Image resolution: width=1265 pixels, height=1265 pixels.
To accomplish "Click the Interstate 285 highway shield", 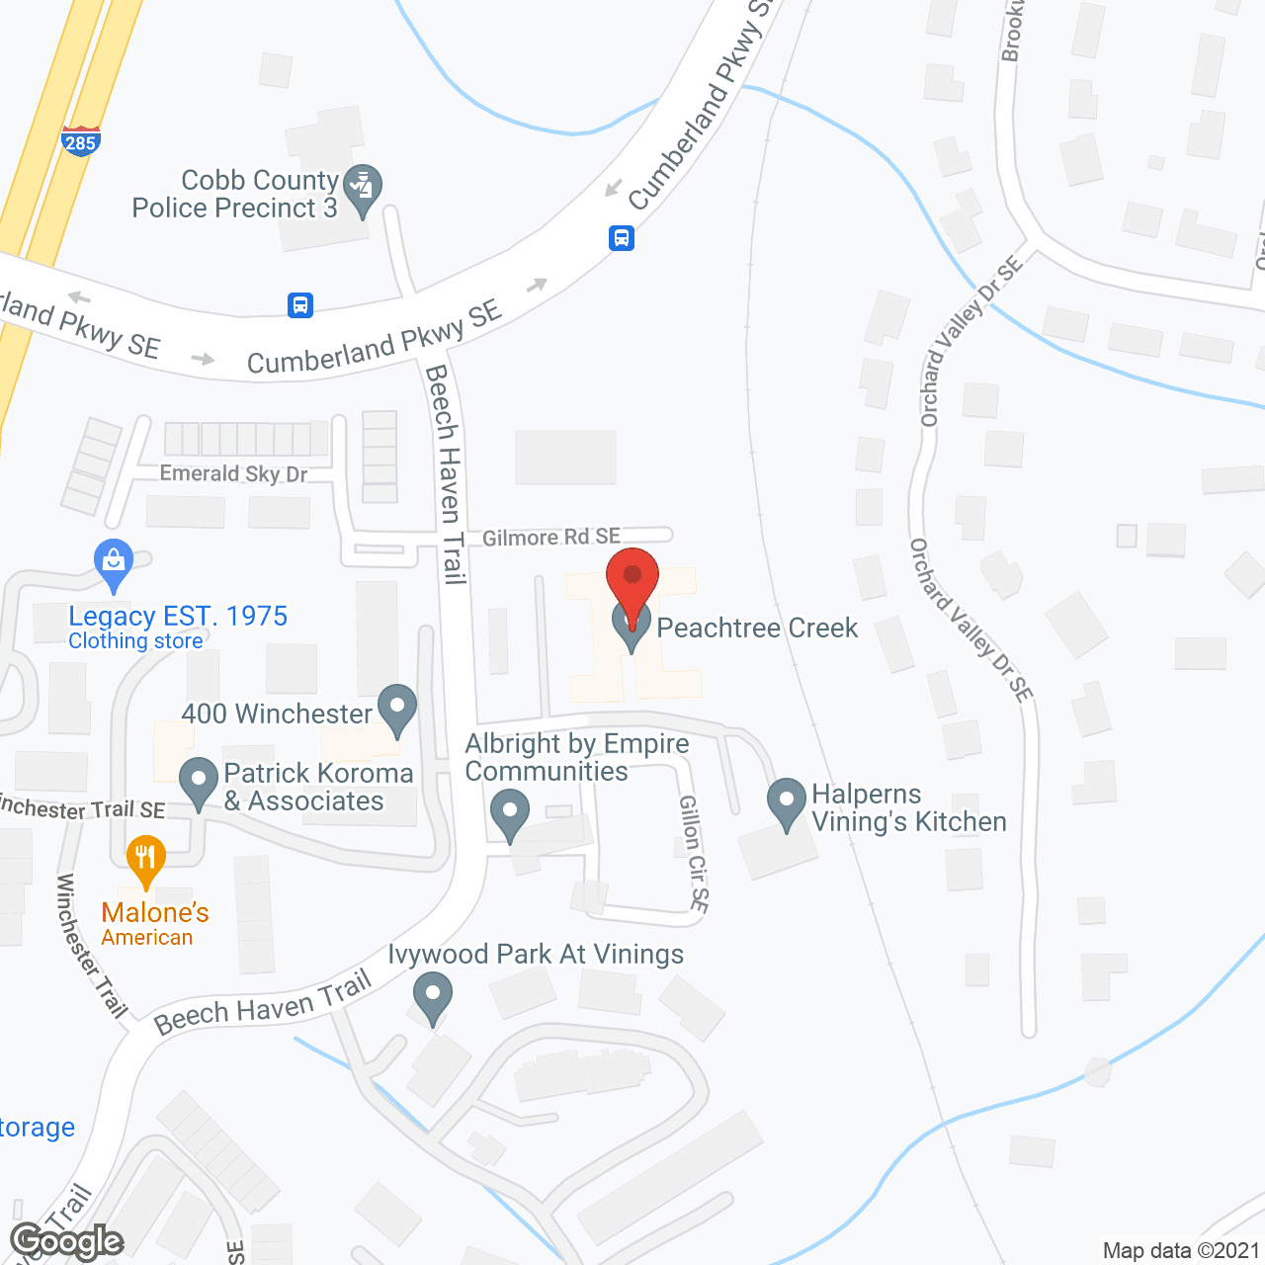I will (x=80, y=140).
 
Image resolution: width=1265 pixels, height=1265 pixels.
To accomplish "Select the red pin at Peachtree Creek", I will (x=632, y=583).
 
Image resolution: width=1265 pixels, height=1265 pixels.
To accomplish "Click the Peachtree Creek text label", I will (x=757, y=628).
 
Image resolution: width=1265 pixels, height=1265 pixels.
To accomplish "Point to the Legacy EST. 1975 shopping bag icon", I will (x=114, y=563).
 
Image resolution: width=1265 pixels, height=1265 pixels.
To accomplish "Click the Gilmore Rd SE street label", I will (x=551, y=537).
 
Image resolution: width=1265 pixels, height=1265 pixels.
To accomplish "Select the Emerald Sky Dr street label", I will (x=234, y=473).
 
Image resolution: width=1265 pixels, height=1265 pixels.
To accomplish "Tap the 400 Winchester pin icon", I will (x=397, y=710).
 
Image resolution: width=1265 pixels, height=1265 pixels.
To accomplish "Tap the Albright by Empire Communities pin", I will (x=510, y=814).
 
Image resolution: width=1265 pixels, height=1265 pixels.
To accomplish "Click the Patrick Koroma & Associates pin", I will (x=199, y=782).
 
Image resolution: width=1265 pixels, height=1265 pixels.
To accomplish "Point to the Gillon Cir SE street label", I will (x=694, y=853).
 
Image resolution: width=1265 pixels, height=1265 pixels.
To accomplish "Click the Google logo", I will (x=66, y=1241).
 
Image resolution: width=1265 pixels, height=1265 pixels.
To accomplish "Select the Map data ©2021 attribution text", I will (x=1181, y=1250).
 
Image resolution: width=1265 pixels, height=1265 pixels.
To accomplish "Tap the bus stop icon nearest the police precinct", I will (x=300, y=304).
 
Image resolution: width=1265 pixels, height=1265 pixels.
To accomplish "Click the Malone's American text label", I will (x=155, y=924).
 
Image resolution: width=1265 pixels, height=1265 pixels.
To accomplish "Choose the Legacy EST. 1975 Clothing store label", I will (x=178, y=627).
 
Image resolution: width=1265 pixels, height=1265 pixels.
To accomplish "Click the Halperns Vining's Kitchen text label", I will (x=908, y=808).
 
